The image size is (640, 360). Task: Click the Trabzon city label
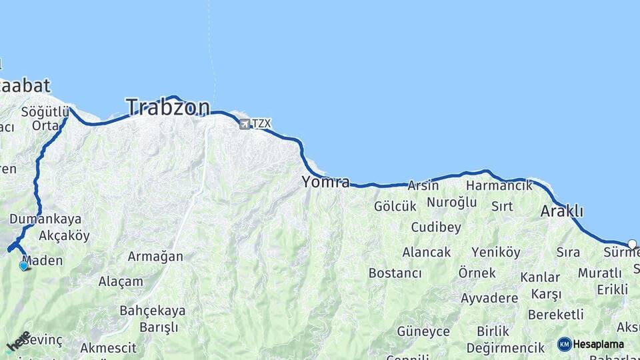pyautogui.click(x=168, y=107)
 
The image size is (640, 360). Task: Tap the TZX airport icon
pyautogui.click(x=245, y=124)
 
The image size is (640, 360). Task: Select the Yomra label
pyautogui.click(x=325, y=181)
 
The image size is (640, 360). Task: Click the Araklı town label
pyautogui.click(x=561, y=211)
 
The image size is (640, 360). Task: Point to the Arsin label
pyautogui.click(x=423, y=185)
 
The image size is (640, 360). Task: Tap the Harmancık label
pyautogui.click(x=499, y=185)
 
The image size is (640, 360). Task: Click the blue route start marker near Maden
pyautogui.click(x=24, y=265)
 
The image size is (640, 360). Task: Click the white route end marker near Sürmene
pyautogui.click(x=632, y=244)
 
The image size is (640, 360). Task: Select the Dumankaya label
pyautogui.click(x=45, y=219)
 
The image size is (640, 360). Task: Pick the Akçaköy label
pyautogui.click(x=64, y=235)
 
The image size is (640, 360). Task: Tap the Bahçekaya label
pyautogui.click(x=152, y=310)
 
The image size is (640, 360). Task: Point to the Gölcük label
pyautogui.click(x=395, y=207)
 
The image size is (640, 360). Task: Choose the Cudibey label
pyautogui.click(x=436, y=227)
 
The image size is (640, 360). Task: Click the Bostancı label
pyautogui.click(x=395, y=273)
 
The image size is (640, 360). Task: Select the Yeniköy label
pyautogui.click(x=495, y=252)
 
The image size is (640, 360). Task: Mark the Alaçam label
pyautogui.click(x=121, y=281)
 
